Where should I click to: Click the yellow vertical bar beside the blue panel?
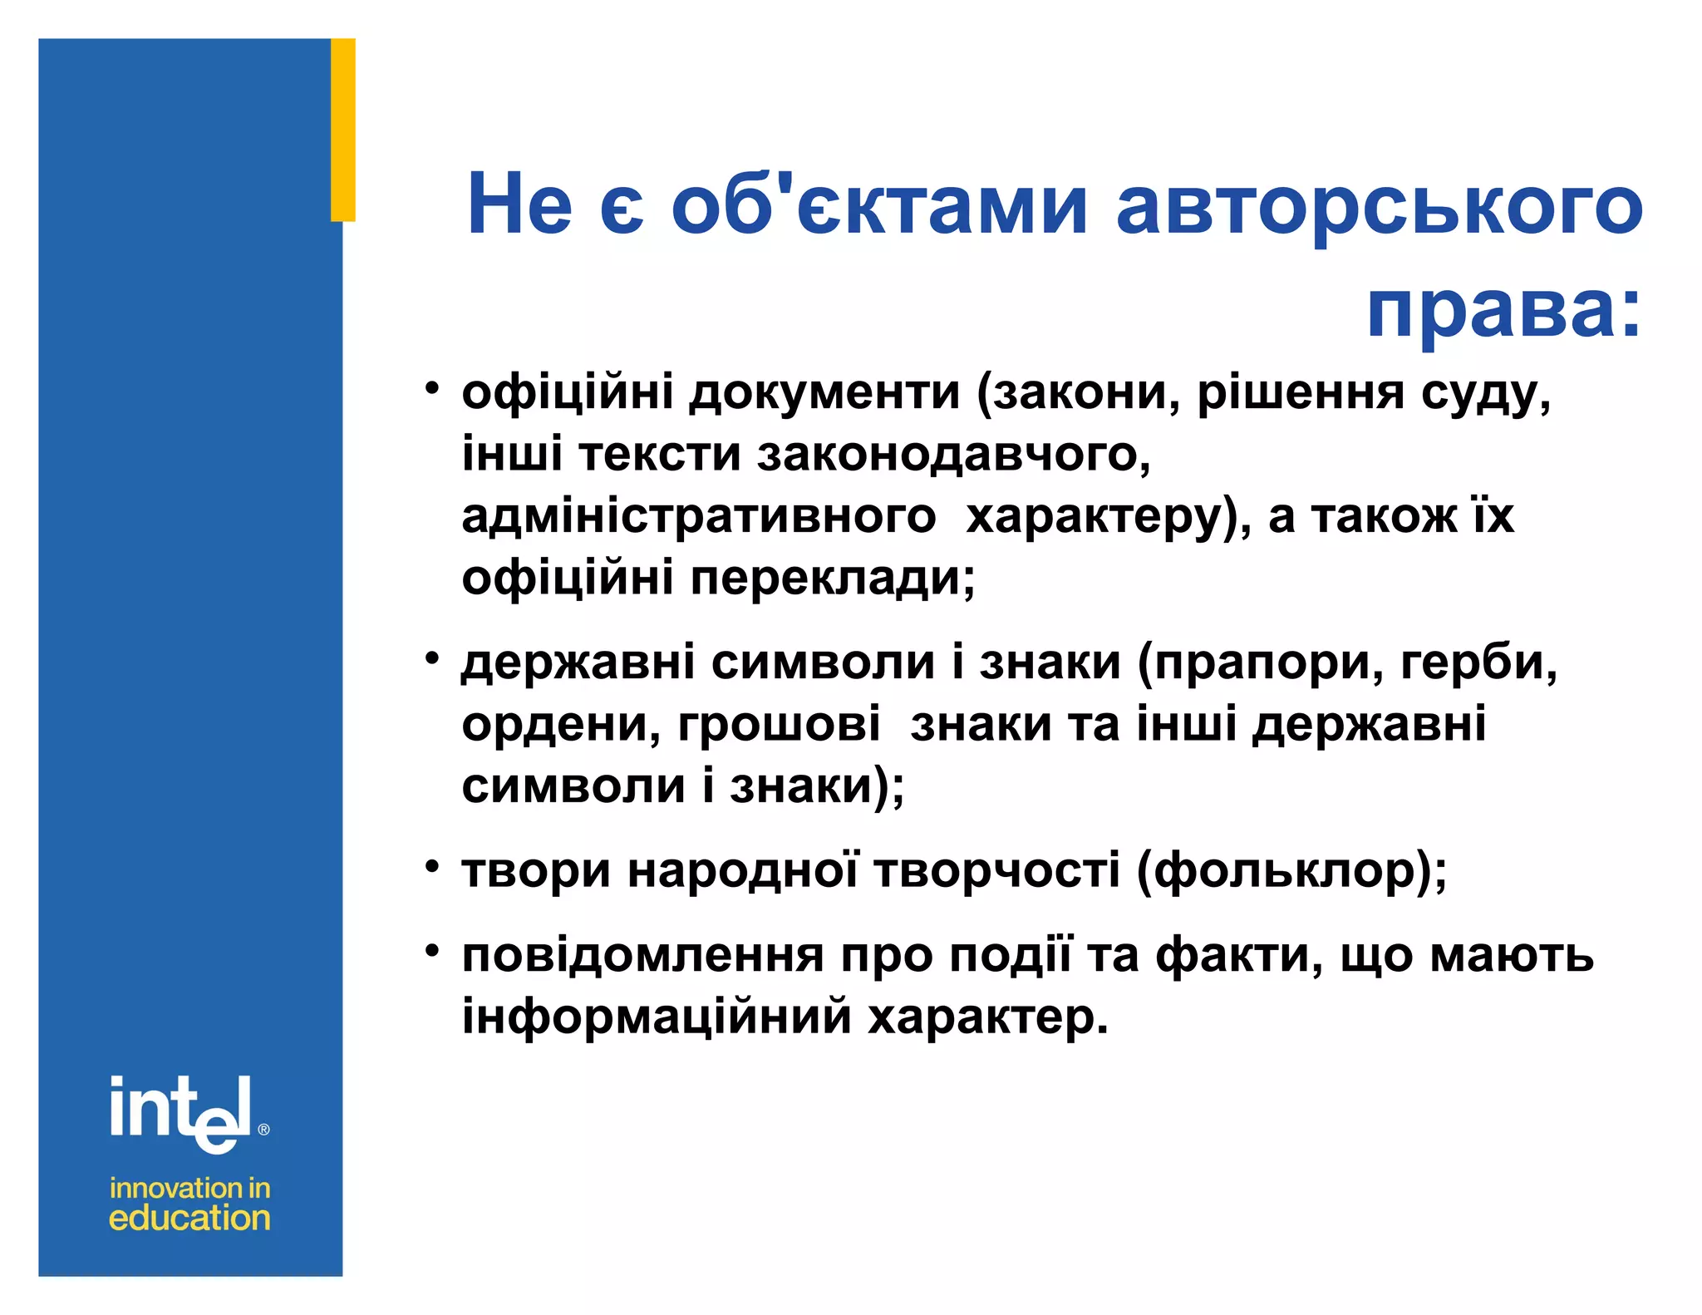[343, 130]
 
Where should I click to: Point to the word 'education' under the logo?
[189, 1219]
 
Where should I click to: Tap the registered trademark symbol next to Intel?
[263, 1130]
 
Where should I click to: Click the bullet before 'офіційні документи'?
[431, 388]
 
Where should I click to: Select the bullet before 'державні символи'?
[431, 658]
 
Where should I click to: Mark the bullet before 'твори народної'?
[431, 867]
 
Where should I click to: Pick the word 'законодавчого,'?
[953, 455]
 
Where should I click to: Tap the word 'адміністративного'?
[698, 517]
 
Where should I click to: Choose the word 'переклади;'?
[833, 578]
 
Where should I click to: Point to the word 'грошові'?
[779, 724]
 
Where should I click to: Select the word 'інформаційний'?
[657, 1016]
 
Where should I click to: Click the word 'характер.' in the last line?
[988, 1016]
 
